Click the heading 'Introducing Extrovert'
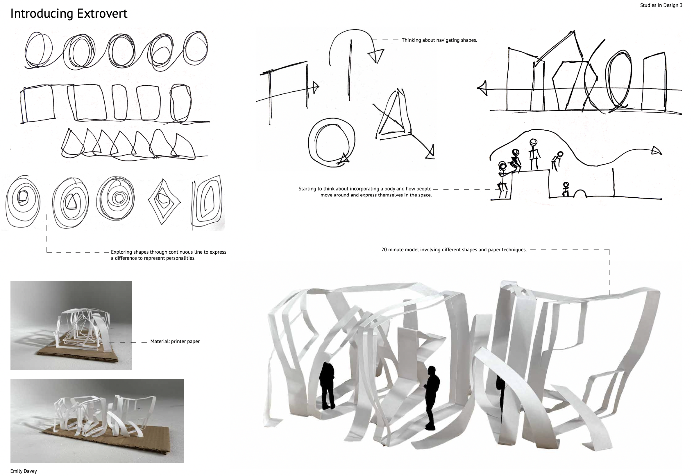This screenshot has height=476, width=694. (69, 14)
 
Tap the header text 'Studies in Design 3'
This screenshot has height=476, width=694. (661, 5)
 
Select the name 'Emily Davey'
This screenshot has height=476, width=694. (24, 471)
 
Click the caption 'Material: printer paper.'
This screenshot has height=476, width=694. (175, 341)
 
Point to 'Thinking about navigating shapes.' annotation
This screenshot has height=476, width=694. (439, 40)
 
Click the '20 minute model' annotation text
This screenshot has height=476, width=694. (454, 250)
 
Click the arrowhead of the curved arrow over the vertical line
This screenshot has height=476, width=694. (376, 56)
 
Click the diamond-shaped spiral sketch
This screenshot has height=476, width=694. (164, 202)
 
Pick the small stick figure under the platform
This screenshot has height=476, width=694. (565, 190)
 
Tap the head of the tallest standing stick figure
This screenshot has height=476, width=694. (533, 143)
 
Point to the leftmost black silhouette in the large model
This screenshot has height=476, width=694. (327, 385)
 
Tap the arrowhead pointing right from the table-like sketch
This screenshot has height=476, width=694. (316, 87)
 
